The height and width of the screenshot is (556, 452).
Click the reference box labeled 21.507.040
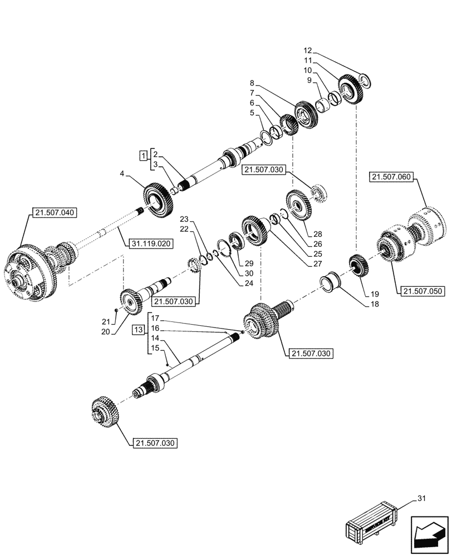click(x=56, y=212)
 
